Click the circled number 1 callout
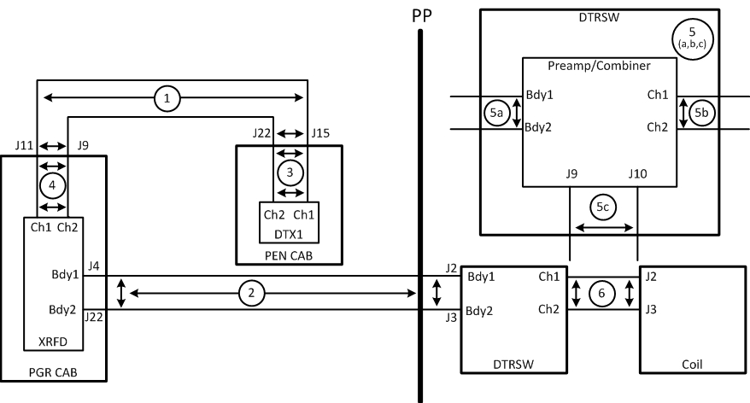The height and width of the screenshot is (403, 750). [x=167, y=99]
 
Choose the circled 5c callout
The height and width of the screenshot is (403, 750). [x=603, y=206]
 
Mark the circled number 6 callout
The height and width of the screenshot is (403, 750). [x=603, y=293]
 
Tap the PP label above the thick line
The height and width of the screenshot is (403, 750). [x=420, y=15]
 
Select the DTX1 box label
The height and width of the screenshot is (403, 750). [x=290, y=233]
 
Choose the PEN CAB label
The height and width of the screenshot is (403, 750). [x=290, y=253]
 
